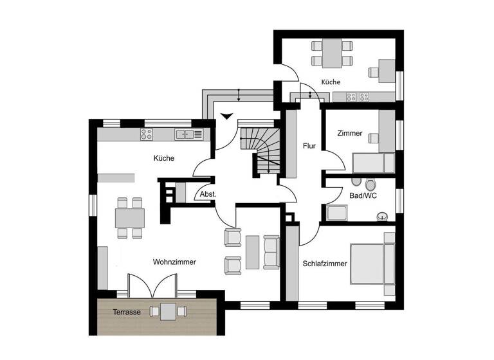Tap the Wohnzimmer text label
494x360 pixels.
pos(174,262)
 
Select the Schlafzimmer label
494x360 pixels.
pos(325,264)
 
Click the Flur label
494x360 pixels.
pos(309,146)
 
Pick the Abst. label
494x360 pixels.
pos(207,194)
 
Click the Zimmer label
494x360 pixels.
pos(350,134)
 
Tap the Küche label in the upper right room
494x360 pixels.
pos(331,82)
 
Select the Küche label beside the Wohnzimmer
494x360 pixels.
pos(164,158)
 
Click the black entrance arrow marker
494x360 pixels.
pos(225,116)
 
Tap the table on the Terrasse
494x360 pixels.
pos(169,312)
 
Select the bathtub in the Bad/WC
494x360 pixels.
pos(337,213)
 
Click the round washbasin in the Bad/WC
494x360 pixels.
pos(383,216)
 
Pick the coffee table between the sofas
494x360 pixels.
pos(252,252)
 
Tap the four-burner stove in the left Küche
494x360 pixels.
pos(147,134)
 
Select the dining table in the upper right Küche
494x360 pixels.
pos(332,53)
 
